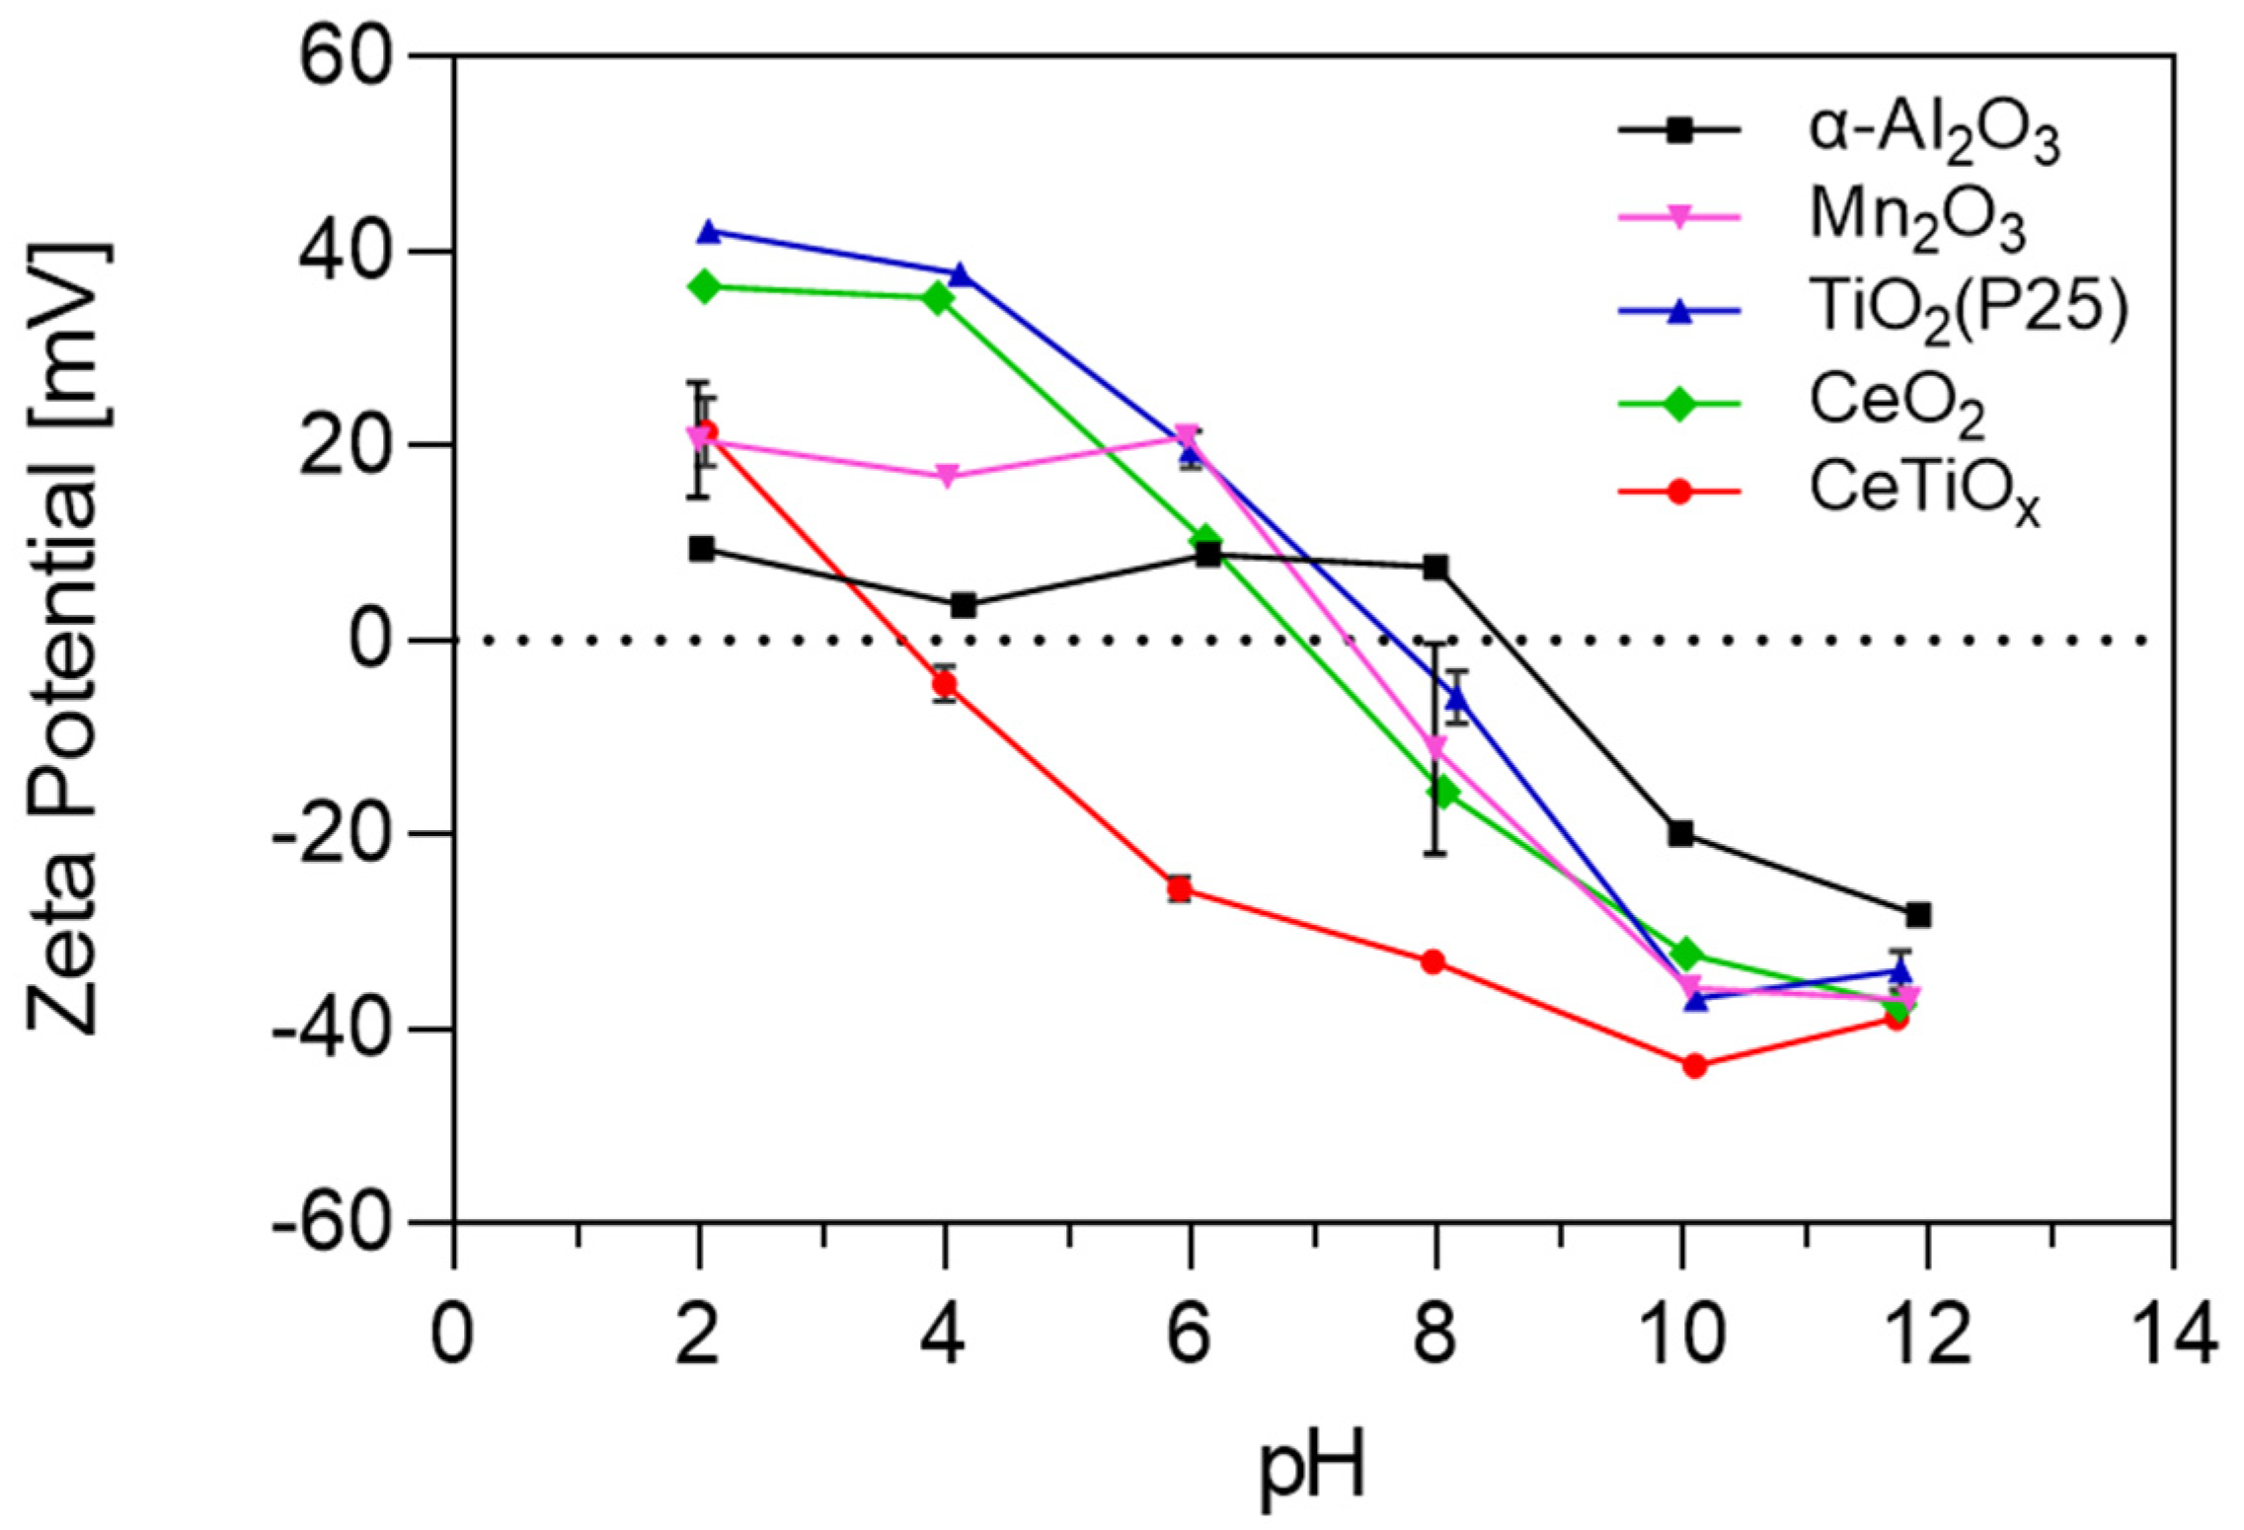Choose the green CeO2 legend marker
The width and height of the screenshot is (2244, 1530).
pyautogui.click(x=1679, y=403)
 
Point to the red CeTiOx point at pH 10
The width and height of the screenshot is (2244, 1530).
pyautogui.click(x=1694, y=1066)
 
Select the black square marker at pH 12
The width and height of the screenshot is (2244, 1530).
pyautogui.click(x=1918, y=915)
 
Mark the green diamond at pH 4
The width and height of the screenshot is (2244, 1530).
pyautogui.click(x=938, y=299)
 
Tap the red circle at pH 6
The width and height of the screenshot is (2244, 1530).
pyautogui.click(x=1179, y=889)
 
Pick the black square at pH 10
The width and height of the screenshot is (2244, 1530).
pyautogui.click(x=1680, y=834)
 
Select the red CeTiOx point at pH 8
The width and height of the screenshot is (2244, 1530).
pyautogui.click(x=1433, y=961)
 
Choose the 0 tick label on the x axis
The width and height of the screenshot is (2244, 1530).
pyautogui.click(x=452, y=1336)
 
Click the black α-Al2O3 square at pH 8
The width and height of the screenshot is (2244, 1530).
pyautogui.click(x=1435, y=567)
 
